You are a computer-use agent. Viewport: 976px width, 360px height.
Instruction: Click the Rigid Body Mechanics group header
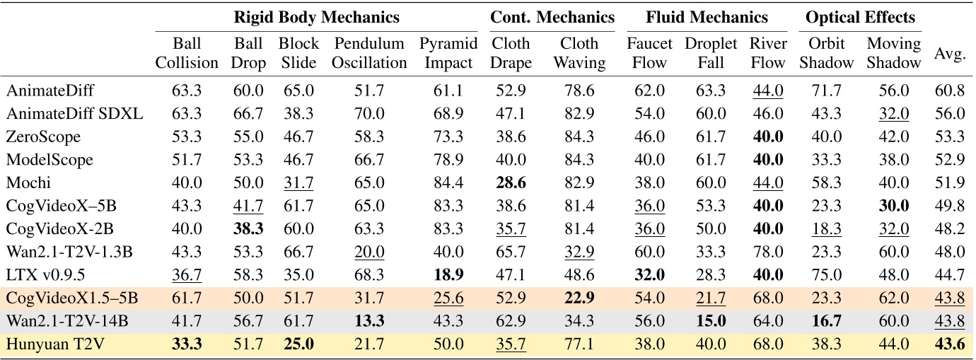click(x=316, y=17)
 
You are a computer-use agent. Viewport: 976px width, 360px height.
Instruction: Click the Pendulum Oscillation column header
click(x=369, y=53)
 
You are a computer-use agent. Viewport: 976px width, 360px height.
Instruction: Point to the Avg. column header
click(x=950, y=54)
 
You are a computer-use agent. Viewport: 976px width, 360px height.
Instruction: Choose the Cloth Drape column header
click(x=511, y=53)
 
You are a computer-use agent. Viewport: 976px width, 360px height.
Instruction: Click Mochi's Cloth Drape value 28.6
click(x=511, y=182)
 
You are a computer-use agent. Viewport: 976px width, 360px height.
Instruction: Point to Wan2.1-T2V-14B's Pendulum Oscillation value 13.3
click(x=369, y=320)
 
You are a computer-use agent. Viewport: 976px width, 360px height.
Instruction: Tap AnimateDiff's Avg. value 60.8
click(x=950, y=91)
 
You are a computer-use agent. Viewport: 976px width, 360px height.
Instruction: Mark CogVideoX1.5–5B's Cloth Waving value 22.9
click(x=579, y=298)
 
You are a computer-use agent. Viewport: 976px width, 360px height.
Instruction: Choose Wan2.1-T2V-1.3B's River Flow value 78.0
click(x=768, y=252)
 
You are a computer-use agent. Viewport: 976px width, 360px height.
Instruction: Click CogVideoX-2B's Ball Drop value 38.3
click(x=249, y=228)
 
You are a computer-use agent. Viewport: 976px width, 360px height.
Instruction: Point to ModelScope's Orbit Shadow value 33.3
click(x=826, y=160)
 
